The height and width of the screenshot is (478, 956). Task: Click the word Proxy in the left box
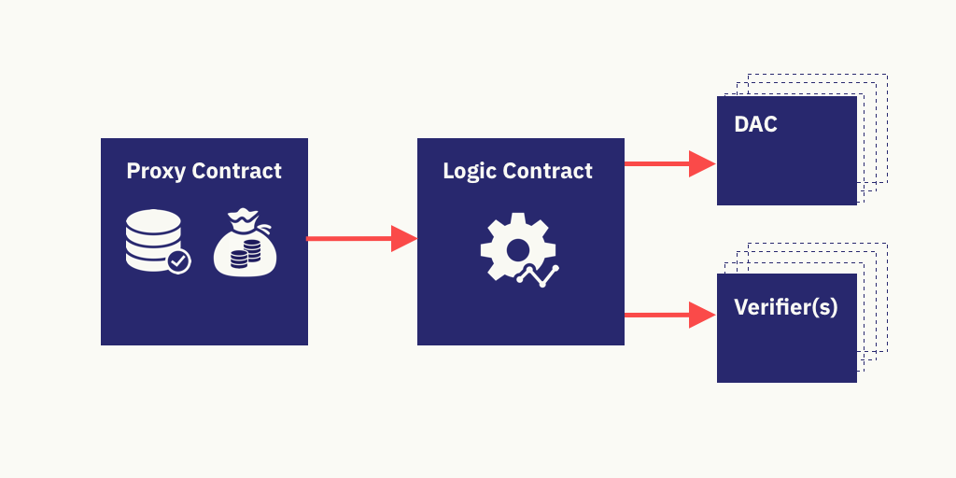click(x=156, y=172)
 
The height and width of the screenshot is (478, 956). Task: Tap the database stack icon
click(x=152, y=240)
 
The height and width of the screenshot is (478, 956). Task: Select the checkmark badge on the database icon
click(x=177, y=260)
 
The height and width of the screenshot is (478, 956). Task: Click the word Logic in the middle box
click(x=469, y=172)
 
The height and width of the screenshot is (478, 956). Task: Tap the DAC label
click(x=755, y=124)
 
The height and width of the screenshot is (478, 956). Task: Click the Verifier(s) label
click(x=785, y=307)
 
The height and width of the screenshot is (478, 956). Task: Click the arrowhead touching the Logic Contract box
click(x=403, y=239)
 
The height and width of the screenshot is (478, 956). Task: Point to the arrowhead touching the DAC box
click(x=702, y=163)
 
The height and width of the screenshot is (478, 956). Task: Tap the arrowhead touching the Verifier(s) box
click(x=702, y=315)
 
